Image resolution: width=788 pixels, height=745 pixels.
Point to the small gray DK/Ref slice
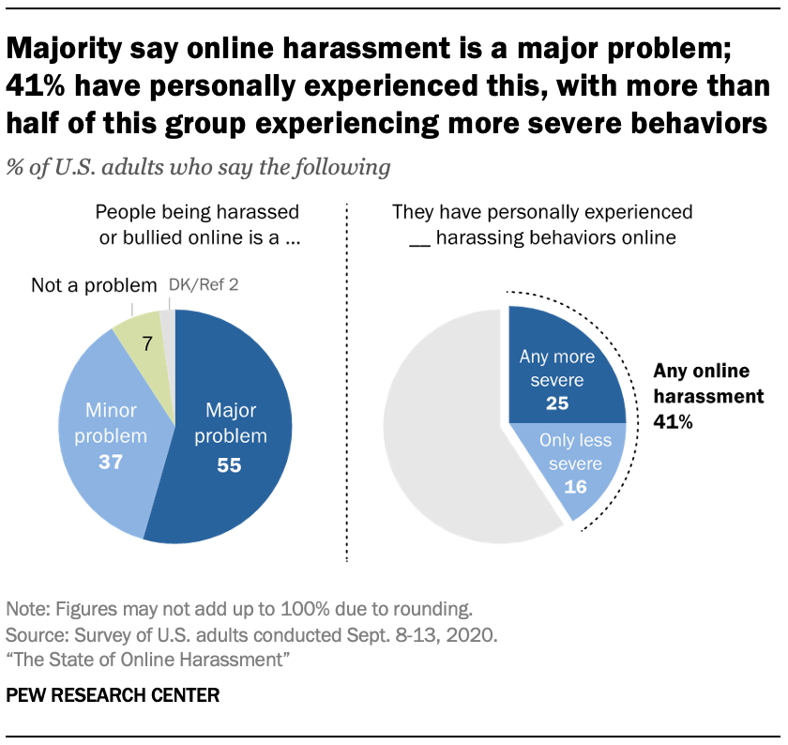(x=168, y=322)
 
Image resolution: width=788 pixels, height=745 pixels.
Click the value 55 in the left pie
(x=229, y=464)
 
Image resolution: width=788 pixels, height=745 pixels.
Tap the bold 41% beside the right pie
(x=673, y=421)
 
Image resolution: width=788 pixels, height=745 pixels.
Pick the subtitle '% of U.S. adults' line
(x=198, y=169)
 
